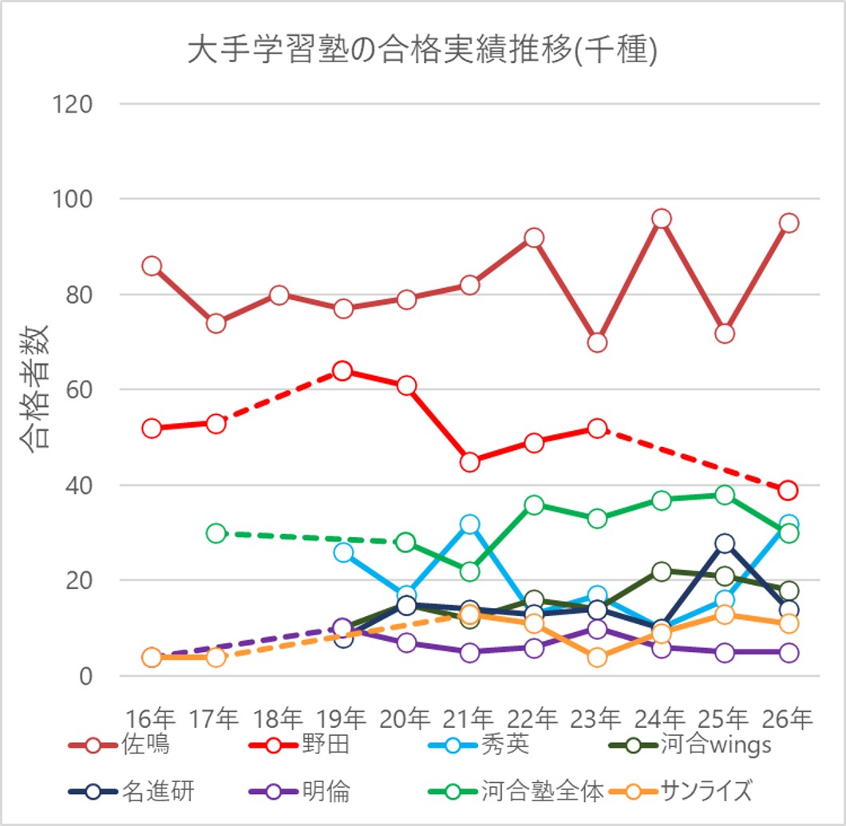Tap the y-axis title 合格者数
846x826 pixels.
pos(35,389)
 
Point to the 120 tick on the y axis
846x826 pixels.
pos(72,105)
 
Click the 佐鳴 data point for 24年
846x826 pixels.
pos(662,219)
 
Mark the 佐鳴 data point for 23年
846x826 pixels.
pos(598,342)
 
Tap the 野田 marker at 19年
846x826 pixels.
pos(343,371)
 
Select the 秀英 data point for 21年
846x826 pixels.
pos(470,524)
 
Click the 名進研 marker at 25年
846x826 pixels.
pos(725,543)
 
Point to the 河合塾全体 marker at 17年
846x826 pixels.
pos(215,533)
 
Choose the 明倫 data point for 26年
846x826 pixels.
pos(789,652)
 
